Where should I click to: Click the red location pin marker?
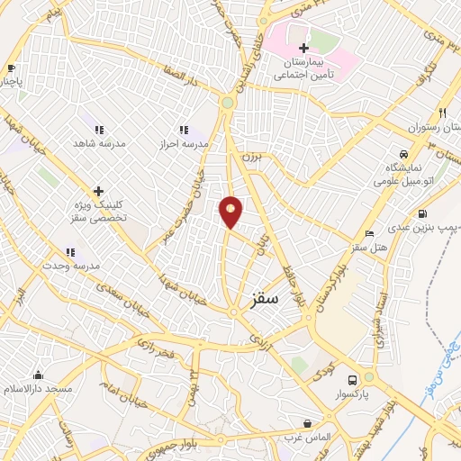pyautogui.click(x=231, y=212)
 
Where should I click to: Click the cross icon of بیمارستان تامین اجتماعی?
pyautogui.click(x=303, y=47)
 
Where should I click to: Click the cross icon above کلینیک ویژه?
pyautogui.click(x=99, y=191)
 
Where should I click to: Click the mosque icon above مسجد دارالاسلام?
pyautogui.click(x=38, y=375)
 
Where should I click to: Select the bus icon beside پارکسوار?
pyautogui.click(x=354, y=379)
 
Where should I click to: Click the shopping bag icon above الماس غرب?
pyautogui.click(x=308, y=422)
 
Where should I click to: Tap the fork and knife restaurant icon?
pyautogui.click(x=442, y=113)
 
